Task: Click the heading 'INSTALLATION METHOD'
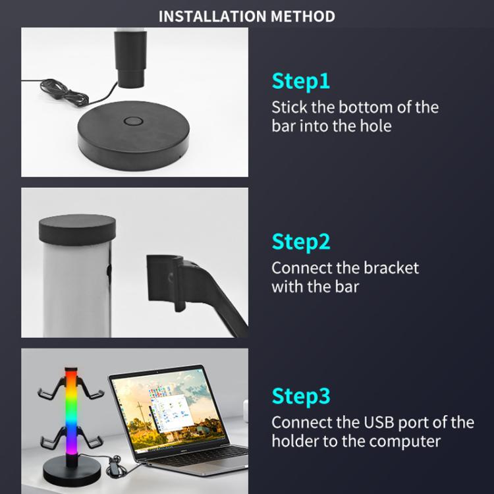click(246, 16)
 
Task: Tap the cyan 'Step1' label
click(300, 81)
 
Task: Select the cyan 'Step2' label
click(300, 242)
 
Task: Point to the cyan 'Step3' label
click(300, 397)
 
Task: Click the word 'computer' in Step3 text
click(404, 441)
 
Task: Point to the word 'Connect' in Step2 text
click(300, 268)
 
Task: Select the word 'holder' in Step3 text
click(294, 441)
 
